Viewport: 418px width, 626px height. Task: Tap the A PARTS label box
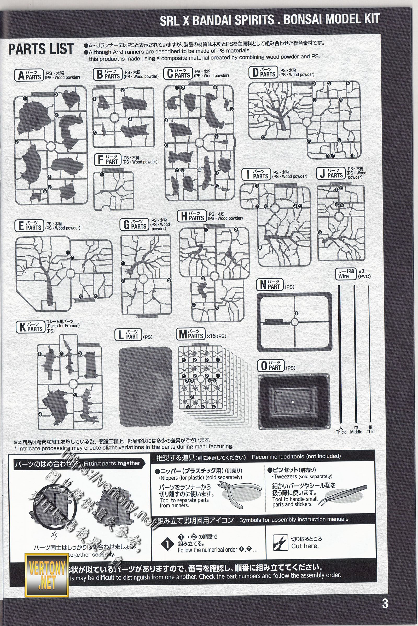pos(29,75)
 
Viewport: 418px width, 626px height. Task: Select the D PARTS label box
pos(263,72)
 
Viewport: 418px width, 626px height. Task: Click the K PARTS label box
pos(31,327)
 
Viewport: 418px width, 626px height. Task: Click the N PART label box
pos(270,285)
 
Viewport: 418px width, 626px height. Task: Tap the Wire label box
pos(346,274)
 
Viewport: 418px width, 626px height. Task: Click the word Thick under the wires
pos(341,432)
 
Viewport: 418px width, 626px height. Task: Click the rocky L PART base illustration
pos(146,383)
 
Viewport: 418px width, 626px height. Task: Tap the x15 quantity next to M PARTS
pos(211,336)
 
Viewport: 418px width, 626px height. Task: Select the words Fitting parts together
pos(112,464)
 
